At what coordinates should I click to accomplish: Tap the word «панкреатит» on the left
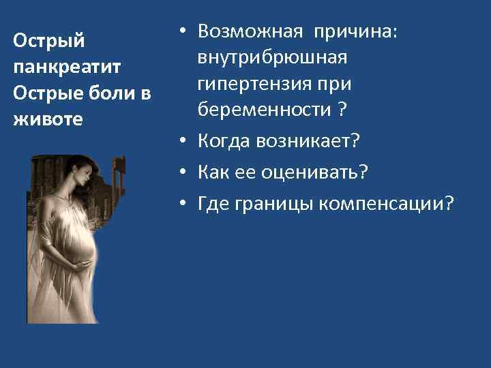click(67, 67)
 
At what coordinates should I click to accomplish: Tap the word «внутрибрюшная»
click(273, 58)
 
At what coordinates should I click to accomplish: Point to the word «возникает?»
click(308, 141)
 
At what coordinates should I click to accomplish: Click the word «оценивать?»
click(314, 172)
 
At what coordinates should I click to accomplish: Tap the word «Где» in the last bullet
click(214, 203)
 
